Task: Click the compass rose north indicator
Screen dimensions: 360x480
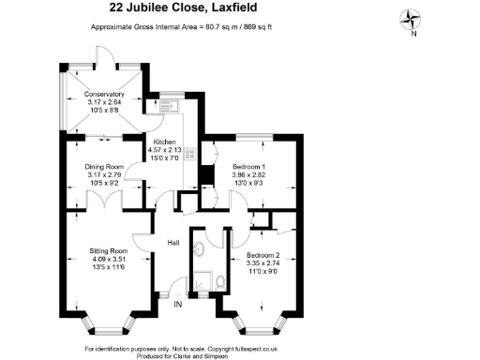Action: tap(412, 20)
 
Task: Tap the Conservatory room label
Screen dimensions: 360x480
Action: tap(104, 94)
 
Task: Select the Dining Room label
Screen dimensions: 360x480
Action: tap(105, 165)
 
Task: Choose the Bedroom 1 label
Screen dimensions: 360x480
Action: tap(250, 166)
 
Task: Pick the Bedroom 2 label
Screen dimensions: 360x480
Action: tap(263, 255)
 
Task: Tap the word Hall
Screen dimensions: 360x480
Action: tap(173, 243)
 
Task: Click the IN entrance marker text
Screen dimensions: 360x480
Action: tap(178, 302)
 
